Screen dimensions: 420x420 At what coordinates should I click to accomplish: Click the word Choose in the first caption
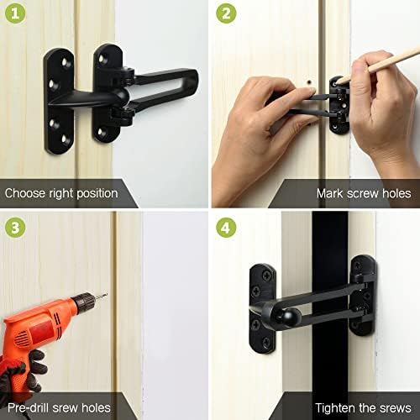(x=26, y=192)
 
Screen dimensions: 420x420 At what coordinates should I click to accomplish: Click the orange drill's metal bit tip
(x=102, y=295)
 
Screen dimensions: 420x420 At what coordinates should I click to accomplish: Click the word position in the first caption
(x=93, y=192)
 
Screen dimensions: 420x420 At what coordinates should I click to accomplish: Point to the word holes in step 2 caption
(x=395, y=192)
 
